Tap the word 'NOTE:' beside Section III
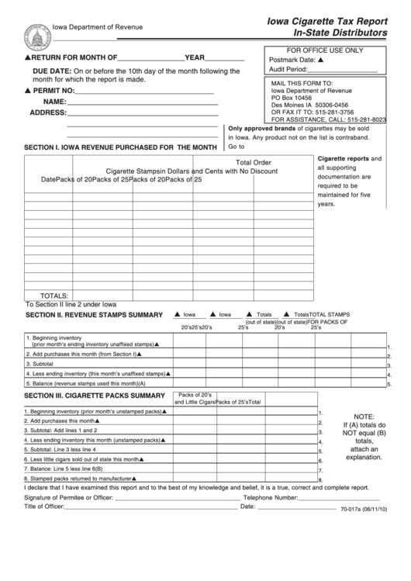[x=364, y=417]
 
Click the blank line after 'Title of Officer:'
[x=151, y=507]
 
